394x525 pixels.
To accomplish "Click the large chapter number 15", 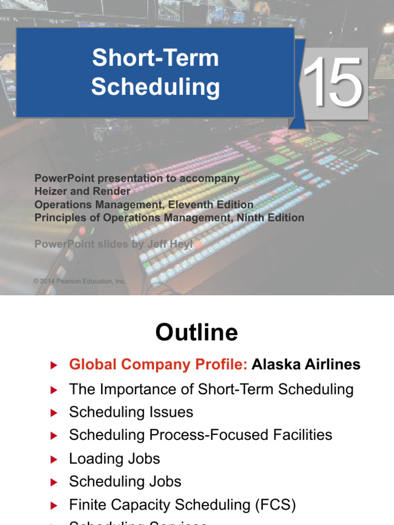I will tap(332, 83).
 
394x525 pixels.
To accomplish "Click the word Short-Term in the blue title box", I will tap(155, 58).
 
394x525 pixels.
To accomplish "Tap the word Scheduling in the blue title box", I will tap(155, 87).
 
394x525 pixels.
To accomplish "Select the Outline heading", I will tap(196, 332).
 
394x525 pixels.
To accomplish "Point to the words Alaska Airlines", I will tap(306, 365).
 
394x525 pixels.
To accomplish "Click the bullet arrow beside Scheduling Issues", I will tap(53, 413).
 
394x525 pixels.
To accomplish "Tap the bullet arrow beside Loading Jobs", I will tap(53, 459).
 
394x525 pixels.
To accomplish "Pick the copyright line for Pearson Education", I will tap(80, 281).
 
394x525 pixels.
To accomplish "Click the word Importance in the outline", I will tap(130, 389).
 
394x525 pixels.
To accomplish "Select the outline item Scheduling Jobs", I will tap(125, 481).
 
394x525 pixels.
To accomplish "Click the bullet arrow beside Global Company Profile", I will tap(53, 365).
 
